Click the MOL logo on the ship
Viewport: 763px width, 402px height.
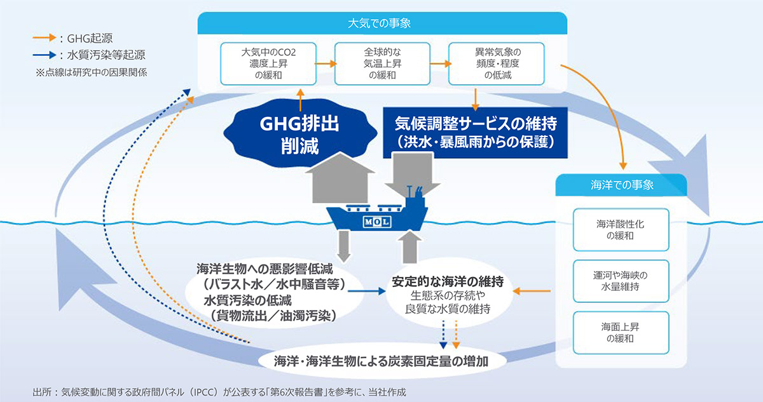pos(377,222)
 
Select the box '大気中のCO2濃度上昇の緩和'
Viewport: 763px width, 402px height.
pos(268,64)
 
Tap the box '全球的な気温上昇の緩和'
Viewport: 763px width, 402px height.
pos(382,64)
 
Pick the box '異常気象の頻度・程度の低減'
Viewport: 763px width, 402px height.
pos(497,64)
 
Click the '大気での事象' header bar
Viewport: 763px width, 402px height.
pos(382,23)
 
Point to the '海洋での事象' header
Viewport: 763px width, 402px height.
pos(621,185)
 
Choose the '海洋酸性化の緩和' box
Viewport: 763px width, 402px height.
pos(621,230)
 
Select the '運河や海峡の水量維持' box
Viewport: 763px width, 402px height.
pos(621,281)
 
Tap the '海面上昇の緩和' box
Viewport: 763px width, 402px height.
pos(621,333)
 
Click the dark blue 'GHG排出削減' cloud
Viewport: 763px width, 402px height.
pos(300,133)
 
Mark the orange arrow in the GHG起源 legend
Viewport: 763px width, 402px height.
pos(45,37)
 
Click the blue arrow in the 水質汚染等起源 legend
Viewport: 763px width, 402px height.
pos(45,55)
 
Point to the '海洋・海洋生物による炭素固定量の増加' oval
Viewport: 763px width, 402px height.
pos(381,361)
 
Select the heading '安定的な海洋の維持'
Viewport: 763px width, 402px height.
pos(448,281)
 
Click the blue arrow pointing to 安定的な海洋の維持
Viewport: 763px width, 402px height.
pos(366,291)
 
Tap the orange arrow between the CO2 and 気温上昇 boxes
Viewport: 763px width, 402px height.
pos(326,64)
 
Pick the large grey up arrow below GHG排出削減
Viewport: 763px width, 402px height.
pos(340,178)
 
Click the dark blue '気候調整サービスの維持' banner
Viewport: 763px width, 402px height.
pos(475,133)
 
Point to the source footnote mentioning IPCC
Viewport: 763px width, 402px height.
pos(219,392)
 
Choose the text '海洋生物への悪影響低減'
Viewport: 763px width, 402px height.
pos(265,269)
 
